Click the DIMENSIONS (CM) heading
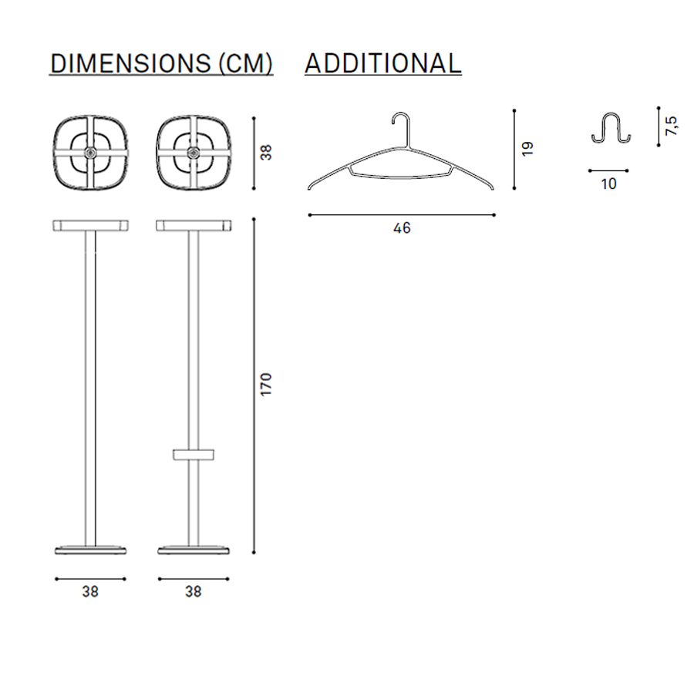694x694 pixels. click(161, 63)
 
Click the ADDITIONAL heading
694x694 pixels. click(383, 63)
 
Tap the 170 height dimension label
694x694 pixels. click(266, 385)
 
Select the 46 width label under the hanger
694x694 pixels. click(402, 228)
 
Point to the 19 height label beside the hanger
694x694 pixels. click(527, 149)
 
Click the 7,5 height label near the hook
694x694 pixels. click(671, 126)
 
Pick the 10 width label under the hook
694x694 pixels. click(608, 184)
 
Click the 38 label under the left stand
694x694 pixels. click(90, 591)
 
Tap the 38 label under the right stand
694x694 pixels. click(194, 591)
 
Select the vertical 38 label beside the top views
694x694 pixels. click(266, 153)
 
